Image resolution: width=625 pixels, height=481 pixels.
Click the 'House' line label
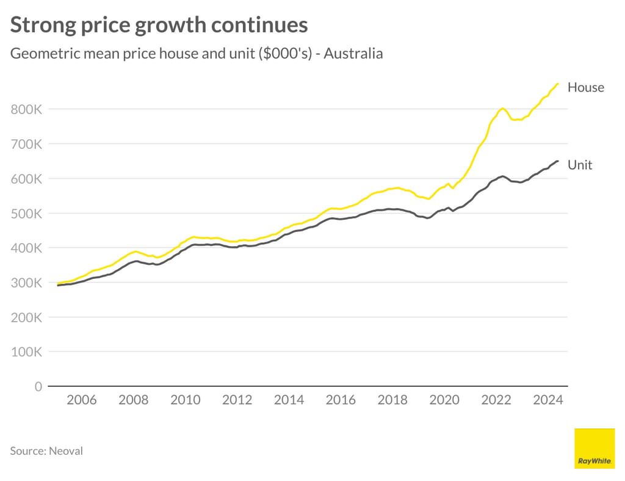click(x=585, y=87)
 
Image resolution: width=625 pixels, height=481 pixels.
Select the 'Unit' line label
click(x=579, y=165)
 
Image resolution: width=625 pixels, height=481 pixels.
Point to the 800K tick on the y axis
click(x=26, y=109)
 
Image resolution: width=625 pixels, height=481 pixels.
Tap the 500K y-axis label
click(x=26, y=214)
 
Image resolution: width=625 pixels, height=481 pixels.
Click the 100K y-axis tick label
click(x=26, y=352)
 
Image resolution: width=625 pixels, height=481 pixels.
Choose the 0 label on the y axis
click(x=38, y=386)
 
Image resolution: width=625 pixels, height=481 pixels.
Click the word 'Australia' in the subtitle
click(x=353, y=54)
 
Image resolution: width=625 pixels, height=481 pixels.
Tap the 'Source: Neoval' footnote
click(x=46, y=451)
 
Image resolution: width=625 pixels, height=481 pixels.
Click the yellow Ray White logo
click(x=594, y=449)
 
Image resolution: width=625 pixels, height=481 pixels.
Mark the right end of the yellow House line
click(x=557, y=84)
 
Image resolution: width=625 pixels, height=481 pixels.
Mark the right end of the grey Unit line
click(x=557, y=161)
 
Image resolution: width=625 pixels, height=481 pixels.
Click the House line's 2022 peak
click(x=502, y=109)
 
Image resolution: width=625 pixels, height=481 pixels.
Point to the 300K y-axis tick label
click(x=26, y=283)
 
